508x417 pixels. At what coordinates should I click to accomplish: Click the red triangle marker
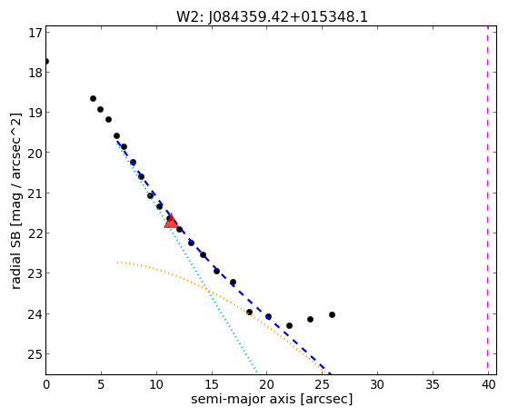point(171,222)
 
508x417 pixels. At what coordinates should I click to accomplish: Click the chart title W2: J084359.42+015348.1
point(272,17)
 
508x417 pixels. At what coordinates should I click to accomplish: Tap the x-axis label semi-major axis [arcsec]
point(272,399)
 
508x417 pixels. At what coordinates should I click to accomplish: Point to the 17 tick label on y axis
point(35,33)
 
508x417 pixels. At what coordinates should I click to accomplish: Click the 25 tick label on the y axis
point(35,354)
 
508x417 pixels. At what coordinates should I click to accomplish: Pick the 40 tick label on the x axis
point(489,385)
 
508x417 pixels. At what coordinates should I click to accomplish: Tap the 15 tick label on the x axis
point(212,385)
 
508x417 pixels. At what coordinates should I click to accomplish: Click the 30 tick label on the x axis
point(377,385)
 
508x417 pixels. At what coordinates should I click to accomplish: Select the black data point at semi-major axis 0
point(46,61)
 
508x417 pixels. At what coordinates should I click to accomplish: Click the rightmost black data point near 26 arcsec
point(332,314)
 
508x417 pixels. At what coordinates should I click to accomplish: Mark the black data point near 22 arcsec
point(289,325)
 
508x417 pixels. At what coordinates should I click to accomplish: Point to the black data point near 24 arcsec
point(310,319)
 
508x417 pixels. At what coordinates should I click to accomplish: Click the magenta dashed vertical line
point(488,200)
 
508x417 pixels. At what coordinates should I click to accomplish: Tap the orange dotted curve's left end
point(117,263)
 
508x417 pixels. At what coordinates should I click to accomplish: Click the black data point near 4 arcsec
point(93,98)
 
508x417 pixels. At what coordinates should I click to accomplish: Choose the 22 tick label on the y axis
point(35,233)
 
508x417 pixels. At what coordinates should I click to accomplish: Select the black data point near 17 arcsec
point(233,282)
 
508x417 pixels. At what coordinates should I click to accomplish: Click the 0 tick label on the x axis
point(46,385)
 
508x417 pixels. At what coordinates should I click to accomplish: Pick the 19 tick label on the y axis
point(35,113)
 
